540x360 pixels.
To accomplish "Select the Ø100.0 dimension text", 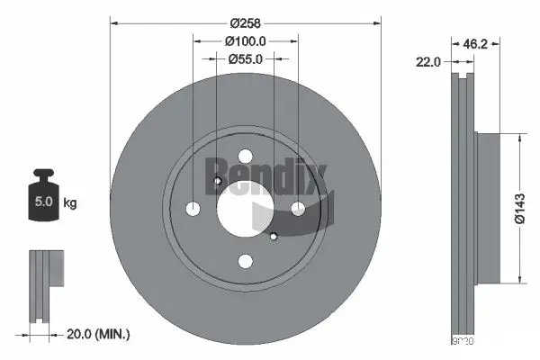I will pyautogui.click(x=245, y=41).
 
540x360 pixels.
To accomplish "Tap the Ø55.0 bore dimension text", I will pyautogui.click(x=245, y=58).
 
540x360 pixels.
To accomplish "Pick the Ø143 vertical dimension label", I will pyautogui.click(x=521, y=208).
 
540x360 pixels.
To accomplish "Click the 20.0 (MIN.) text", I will pyautogui.click(x=100, y=335).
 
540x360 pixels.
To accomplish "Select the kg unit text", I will pyautogui.click(x=69, y=202).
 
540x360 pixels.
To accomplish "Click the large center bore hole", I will pyautogui.click(x=245, y=209).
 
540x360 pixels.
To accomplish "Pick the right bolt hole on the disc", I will pyautogui.click(x=297, y=210).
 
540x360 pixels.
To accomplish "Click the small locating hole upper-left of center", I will pyautogui.click(x=218, y=183).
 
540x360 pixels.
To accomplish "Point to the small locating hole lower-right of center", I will pyautogui.click(x=273, y=237).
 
